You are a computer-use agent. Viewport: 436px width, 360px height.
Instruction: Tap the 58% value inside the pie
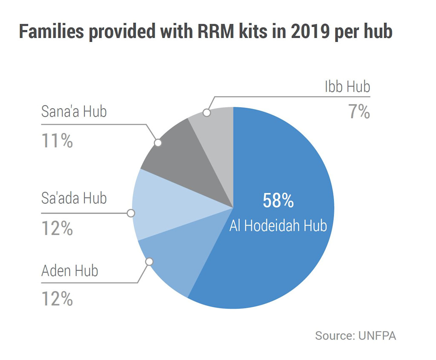click(278, 201)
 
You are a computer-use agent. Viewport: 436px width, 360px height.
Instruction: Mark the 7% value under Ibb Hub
click(359, 112)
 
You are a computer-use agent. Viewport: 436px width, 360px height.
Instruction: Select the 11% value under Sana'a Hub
click(57, 141)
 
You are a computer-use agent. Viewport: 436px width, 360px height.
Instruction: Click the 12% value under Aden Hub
click(57, 299)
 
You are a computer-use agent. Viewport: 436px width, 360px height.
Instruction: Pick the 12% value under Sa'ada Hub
click(57, 229)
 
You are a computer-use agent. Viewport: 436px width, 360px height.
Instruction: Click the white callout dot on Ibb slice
click(207, 113)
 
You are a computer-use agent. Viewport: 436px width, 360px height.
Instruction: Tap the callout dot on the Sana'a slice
click(158, 143)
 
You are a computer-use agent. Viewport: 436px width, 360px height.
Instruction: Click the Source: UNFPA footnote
click(356, 335)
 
